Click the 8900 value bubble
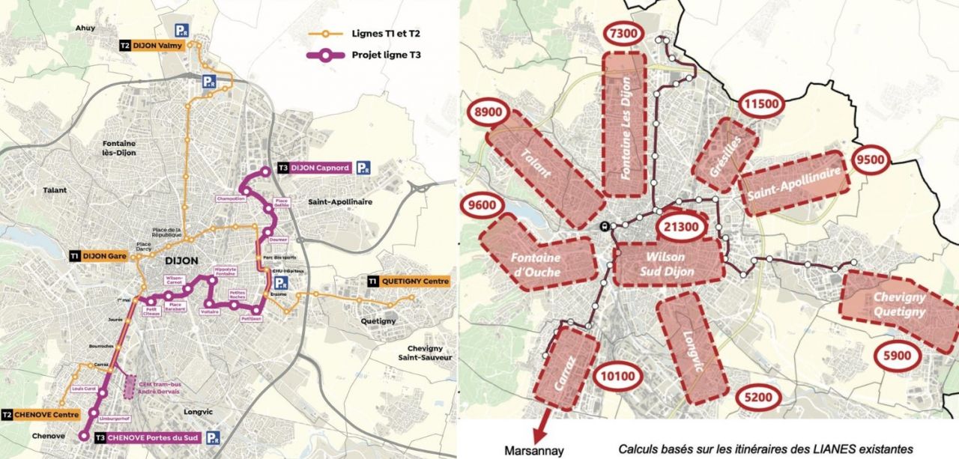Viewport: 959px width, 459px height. [493, 112]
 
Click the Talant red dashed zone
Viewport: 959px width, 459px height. [545, 175]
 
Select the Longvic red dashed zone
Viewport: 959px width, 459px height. [692, 348]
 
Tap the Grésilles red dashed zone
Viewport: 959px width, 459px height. [726, 154]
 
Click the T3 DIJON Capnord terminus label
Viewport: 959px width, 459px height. [313, 168]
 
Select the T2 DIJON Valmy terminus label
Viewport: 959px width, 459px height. [151, 46]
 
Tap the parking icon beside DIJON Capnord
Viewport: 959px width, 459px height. [363, 168]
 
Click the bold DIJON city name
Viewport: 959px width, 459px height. [179, 260]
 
